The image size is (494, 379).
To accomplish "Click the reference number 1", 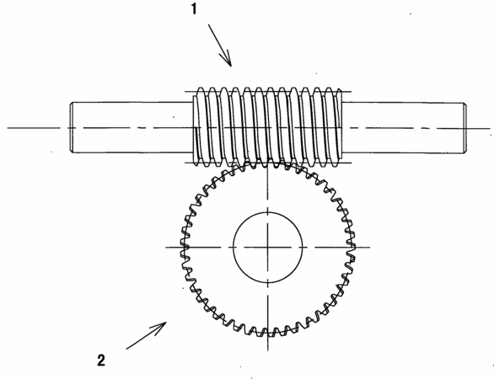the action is click(x=194, y=8).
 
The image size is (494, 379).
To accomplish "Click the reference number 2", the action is click(x=101, y=360).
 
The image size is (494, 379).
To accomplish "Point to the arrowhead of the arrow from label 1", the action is click(x=227, y=60).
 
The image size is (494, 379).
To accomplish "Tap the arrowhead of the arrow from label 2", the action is click(x=160, y=327).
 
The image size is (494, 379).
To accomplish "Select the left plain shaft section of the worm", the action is click(x=132, y=127).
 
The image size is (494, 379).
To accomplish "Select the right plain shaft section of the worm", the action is click(x=403, y=128).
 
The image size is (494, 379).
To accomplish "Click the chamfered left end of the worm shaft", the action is click(x=71, y=127).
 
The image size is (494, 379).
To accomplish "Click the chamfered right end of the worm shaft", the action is click(x=464, y=128).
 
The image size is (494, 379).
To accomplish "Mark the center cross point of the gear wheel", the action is click(x=268, y=248).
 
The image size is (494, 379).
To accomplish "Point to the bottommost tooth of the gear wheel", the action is click(x=268, y=333).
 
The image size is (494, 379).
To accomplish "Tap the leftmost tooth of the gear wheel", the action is click(x=184, y=248).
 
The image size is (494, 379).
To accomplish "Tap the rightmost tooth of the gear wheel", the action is click(x=352, y=248).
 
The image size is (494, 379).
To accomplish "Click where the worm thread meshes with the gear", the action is click(x=268, y=163).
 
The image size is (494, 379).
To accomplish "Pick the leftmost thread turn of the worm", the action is click(x=197, y=127).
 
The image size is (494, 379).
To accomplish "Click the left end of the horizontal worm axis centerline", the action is click(x=8, y=128).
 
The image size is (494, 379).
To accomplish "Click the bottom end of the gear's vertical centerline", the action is click(x=268, y=350).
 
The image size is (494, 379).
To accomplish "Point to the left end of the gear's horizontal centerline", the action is click(x=166, y=248).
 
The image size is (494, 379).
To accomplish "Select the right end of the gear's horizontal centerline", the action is click(x=370, y=248).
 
